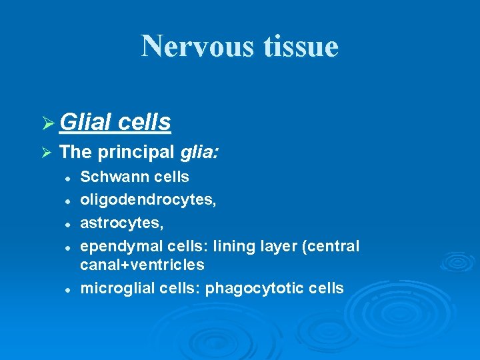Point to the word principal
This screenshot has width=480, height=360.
(x=135, y=152)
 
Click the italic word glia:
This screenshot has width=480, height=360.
(x=200, y=152)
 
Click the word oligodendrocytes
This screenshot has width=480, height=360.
(x=147, y=199)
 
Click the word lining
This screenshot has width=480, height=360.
(x=233, y=246)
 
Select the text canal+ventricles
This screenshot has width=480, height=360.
(x=142, y=265)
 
